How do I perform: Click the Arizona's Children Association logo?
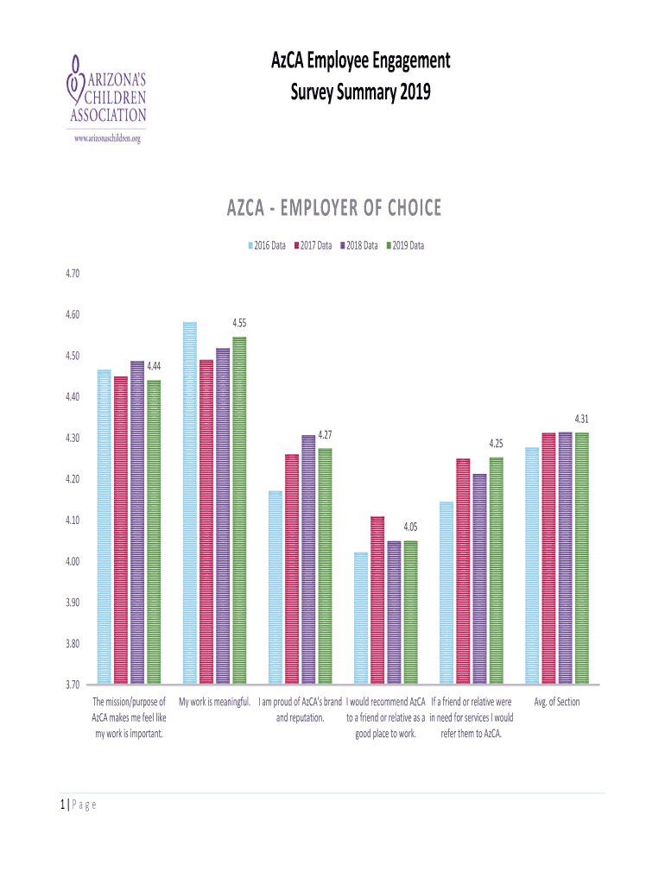(x=106, y=91)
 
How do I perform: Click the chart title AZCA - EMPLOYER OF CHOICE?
(x=333, y=208)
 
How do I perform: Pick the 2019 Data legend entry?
(x=404, y=246)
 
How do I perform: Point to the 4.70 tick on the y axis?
(x=72, y=274)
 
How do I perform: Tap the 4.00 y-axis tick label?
(x=72, y=562)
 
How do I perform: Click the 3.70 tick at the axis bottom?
(x=72, y=685)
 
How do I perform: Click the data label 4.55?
(x=239, y=324)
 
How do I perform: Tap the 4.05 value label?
(x=410, y=527)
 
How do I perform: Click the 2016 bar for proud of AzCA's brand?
(x=275, y=587)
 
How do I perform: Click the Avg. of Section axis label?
(x=557, y=702)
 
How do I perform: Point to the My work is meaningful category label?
(x=214, y=702)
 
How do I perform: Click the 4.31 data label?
(x=581, y=420)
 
